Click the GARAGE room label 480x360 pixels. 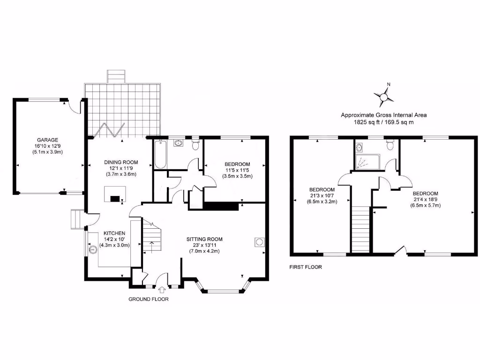[x=48, y=140]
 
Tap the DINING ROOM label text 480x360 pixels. [x=120, y=162]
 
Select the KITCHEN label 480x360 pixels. [x=114, y=233]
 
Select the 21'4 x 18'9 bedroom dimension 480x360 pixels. [x=425, y=200]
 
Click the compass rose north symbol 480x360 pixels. [x=384, y=96]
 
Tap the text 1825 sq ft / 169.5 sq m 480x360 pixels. [x=383, y=122]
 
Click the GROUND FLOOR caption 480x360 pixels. [x=149, y=299]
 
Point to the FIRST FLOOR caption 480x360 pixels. [x=306, y=267]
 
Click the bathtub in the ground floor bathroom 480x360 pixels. [x=159, y=155]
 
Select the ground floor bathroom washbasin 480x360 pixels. [x=179, y=143]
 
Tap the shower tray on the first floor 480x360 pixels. [x=364, y=161]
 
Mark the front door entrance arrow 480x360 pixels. [x=163, y=291]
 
